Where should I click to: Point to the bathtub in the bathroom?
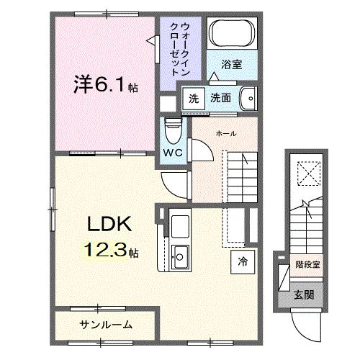pyautogui.click(x=231, y=34)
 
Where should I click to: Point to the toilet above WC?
pyautogui.click(x=172, y=130)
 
